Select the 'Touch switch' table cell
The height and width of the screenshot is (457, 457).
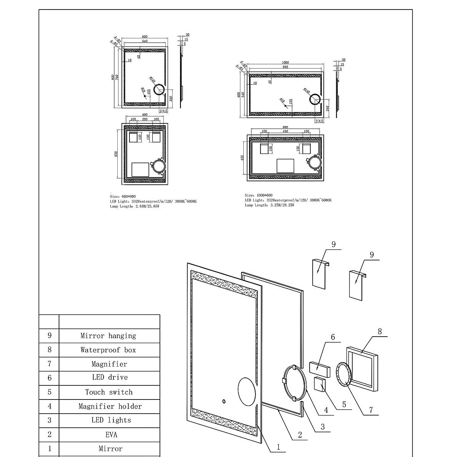coord(109,392)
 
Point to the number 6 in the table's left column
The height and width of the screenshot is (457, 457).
coord(50,378)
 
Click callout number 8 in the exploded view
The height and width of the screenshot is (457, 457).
coord(380,331)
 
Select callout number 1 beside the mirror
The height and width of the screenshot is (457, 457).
coord(278,447)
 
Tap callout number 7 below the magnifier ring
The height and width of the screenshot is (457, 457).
coord(371,410)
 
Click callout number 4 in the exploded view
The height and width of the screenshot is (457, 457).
coord(326,410)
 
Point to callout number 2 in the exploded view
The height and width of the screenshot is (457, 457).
coord(300,435)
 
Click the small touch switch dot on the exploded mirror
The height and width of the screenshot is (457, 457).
coord(224,401)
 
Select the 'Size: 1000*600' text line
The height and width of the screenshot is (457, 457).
coord(259,195)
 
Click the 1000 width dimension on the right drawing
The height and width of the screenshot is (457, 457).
coord(285,63)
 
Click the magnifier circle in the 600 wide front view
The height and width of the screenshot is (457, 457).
coord(159,91)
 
